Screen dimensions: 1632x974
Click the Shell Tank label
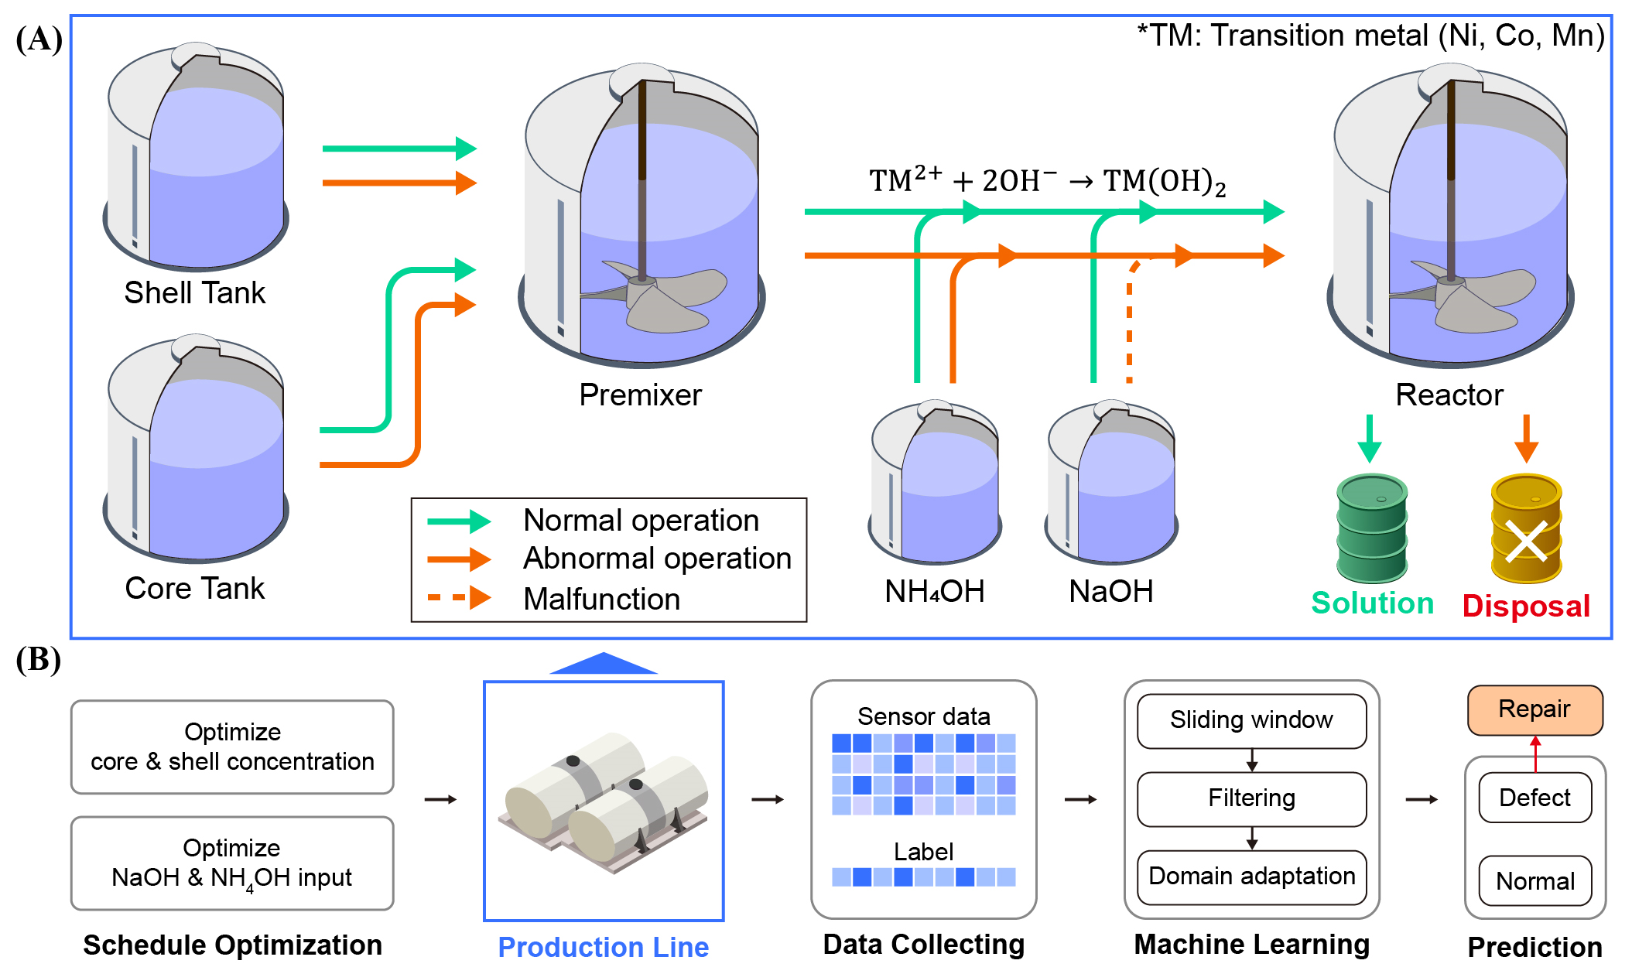click(194, 292)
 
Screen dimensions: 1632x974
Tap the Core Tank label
click(194, 588)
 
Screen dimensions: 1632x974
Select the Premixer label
click(640, 395)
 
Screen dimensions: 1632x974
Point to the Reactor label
click(1449, 395)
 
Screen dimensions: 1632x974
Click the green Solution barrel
click(1371, 528)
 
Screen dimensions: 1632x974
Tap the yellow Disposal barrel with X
click(1526, 528)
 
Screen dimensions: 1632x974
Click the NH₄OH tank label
click(934, 592)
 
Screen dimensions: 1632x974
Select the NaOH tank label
click(1110, 592)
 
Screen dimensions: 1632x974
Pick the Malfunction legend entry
click(601, 599)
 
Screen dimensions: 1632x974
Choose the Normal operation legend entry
click(641, 520)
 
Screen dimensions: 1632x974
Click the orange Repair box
click(1534, 709)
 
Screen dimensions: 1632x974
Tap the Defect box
click(1534, 797)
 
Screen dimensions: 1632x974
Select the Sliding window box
click(1251, 720)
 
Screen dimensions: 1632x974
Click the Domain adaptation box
click(1251, 877)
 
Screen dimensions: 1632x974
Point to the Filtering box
click(1251, 798)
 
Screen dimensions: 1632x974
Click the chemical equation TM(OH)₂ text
click(1165, 182)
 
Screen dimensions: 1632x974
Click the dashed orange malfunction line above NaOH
click(1130, 321)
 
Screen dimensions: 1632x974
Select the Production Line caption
click(603, 947)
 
